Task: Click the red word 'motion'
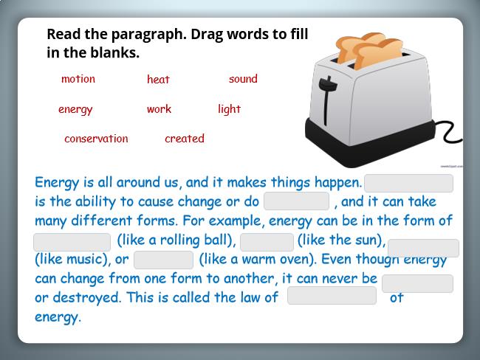[x=78, y=79]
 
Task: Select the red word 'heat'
[x=158, y=79]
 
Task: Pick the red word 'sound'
[x=243, y=79]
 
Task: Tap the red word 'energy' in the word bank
[x=75, y=109]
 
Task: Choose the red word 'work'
[x=159, y=109]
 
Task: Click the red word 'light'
[x=229, y=109]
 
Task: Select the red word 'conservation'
[x=96, y=139]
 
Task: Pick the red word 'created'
[x=185, y=138]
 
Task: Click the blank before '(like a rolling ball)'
[x=72, y=242]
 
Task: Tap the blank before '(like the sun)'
[x=267, y=242]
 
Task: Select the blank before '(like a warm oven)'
[x=163, y=260]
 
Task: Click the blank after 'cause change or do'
[x=296, y=201]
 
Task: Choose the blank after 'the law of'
[x=332, y=296]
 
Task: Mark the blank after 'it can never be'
[x=417, y=283]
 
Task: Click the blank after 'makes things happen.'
[x=408, y=183]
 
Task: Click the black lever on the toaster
[x=327, y=98]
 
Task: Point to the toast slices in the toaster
[x=370, y=49]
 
